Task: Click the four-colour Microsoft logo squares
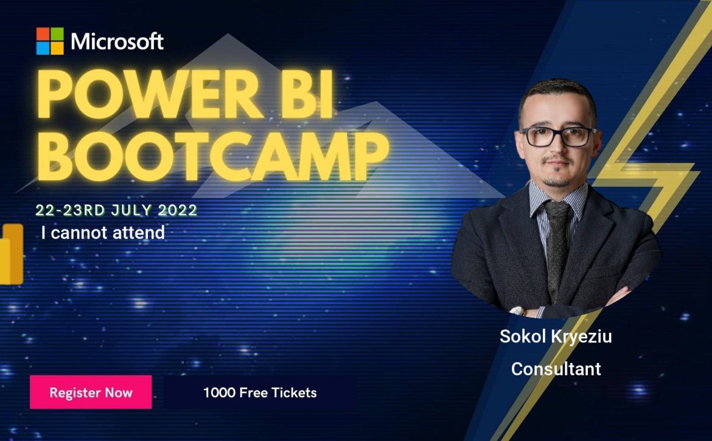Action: [x=50, y=41]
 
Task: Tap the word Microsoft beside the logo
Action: [x=117, y=41]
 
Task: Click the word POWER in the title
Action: [x=150, y=95]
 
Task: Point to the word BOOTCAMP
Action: [x=213, y=156]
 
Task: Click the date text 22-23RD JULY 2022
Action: [x=116, y=210]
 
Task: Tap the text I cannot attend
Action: [x=103, y=233]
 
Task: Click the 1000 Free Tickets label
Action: [x=260, y=392]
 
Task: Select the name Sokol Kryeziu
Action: [x=556, y=336]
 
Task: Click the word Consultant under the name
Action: [x=556, y=369]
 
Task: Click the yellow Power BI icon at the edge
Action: [x=11, y=254]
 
